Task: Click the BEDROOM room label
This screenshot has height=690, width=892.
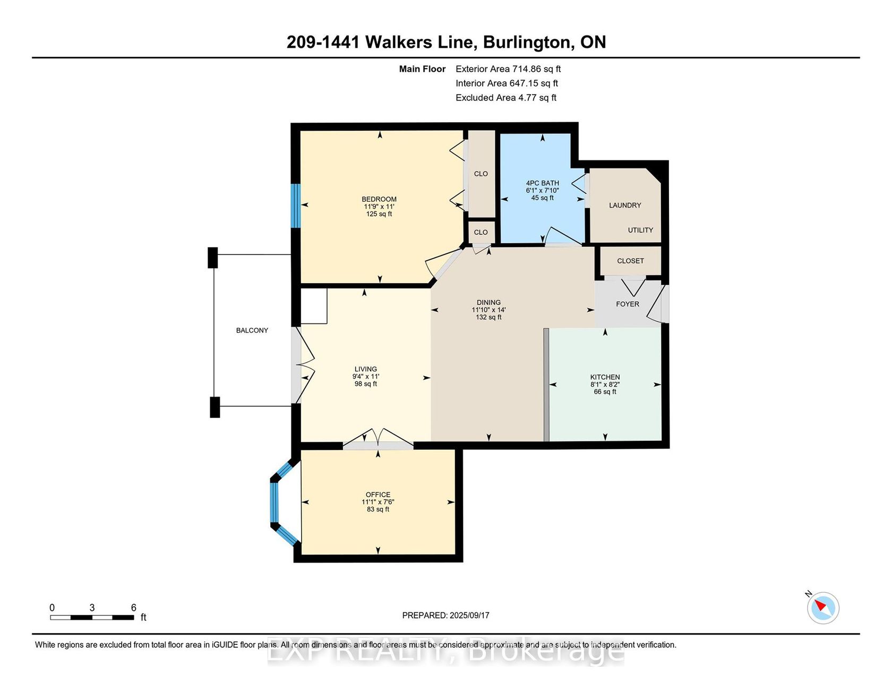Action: point(379,199)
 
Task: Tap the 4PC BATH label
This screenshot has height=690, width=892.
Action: point(543,183)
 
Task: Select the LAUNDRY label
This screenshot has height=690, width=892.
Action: point(625,205)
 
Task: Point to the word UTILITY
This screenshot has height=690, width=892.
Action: point(640,230)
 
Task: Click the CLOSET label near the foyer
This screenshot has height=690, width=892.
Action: point(630,261)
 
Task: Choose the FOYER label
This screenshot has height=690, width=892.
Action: point(628,304)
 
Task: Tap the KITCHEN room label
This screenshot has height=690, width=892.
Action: point(605,377)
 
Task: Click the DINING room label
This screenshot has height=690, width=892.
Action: point(488,302)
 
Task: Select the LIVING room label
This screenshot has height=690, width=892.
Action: point(366,369)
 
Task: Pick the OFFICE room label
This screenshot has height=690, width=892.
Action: point(378,495)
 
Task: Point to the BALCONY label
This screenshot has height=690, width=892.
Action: point(252,330)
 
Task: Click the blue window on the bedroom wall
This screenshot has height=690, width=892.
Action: point(296,206)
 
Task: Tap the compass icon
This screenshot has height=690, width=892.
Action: point(823,608)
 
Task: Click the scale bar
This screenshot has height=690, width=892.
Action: point(92,617)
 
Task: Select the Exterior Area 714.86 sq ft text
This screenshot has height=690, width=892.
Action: point(508,69)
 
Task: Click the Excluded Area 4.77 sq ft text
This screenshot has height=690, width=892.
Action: point(506,98)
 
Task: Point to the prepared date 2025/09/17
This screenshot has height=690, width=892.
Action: point(469,615)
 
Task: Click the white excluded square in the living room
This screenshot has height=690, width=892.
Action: point(314,306)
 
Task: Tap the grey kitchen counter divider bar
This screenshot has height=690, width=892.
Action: point(546,385)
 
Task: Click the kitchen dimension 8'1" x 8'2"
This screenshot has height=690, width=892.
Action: point(605,385)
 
